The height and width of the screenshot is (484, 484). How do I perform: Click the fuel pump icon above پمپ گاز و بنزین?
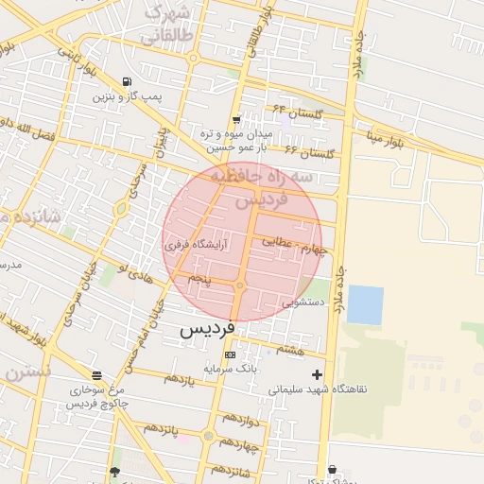point(128,82)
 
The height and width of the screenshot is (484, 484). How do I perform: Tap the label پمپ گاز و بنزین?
point(128,96)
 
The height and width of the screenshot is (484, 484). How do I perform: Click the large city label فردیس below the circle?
point(207,331)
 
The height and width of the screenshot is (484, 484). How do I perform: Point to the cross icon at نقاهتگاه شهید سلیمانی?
point(317,374)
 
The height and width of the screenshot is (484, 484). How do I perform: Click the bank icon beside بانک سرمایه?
point(229,354)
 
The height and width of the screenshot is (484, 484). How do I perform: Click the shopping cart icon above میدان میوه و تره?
point(235,120)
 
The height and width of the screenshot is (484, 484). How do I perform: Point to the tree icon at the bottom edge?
point(115,473)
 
